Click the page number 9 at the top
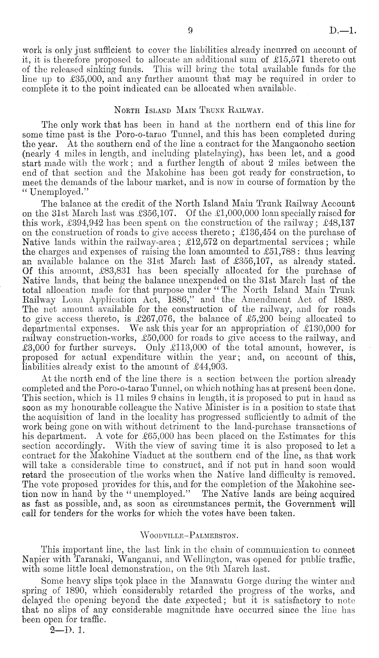click(191, 31)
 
